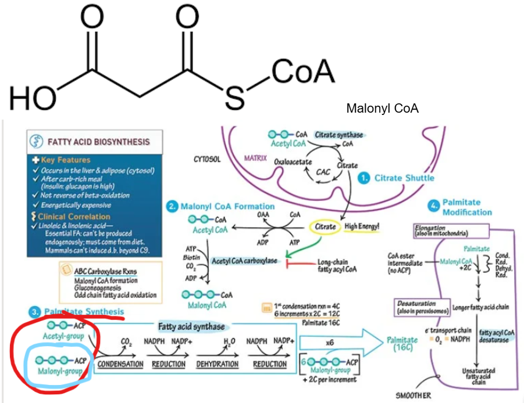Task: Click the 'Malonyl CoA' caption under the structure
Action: pos(382,109)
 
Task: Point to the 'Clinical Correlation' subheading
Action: pos(73,217)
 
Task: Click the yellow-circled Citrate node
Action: pos(325,226)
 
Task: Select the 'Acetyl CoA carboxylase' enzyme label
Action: pos(244,261)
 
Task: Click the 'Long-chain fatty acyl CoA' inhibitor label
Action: pos(337,265)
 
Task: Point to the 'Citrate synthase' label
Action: pos(338,135)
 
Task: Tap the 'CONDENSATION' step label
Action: pos(120,364)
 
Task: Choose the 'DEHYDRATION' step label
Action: pos(217,364)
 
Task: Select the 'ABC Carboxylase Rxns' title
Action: pos(105,271)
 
